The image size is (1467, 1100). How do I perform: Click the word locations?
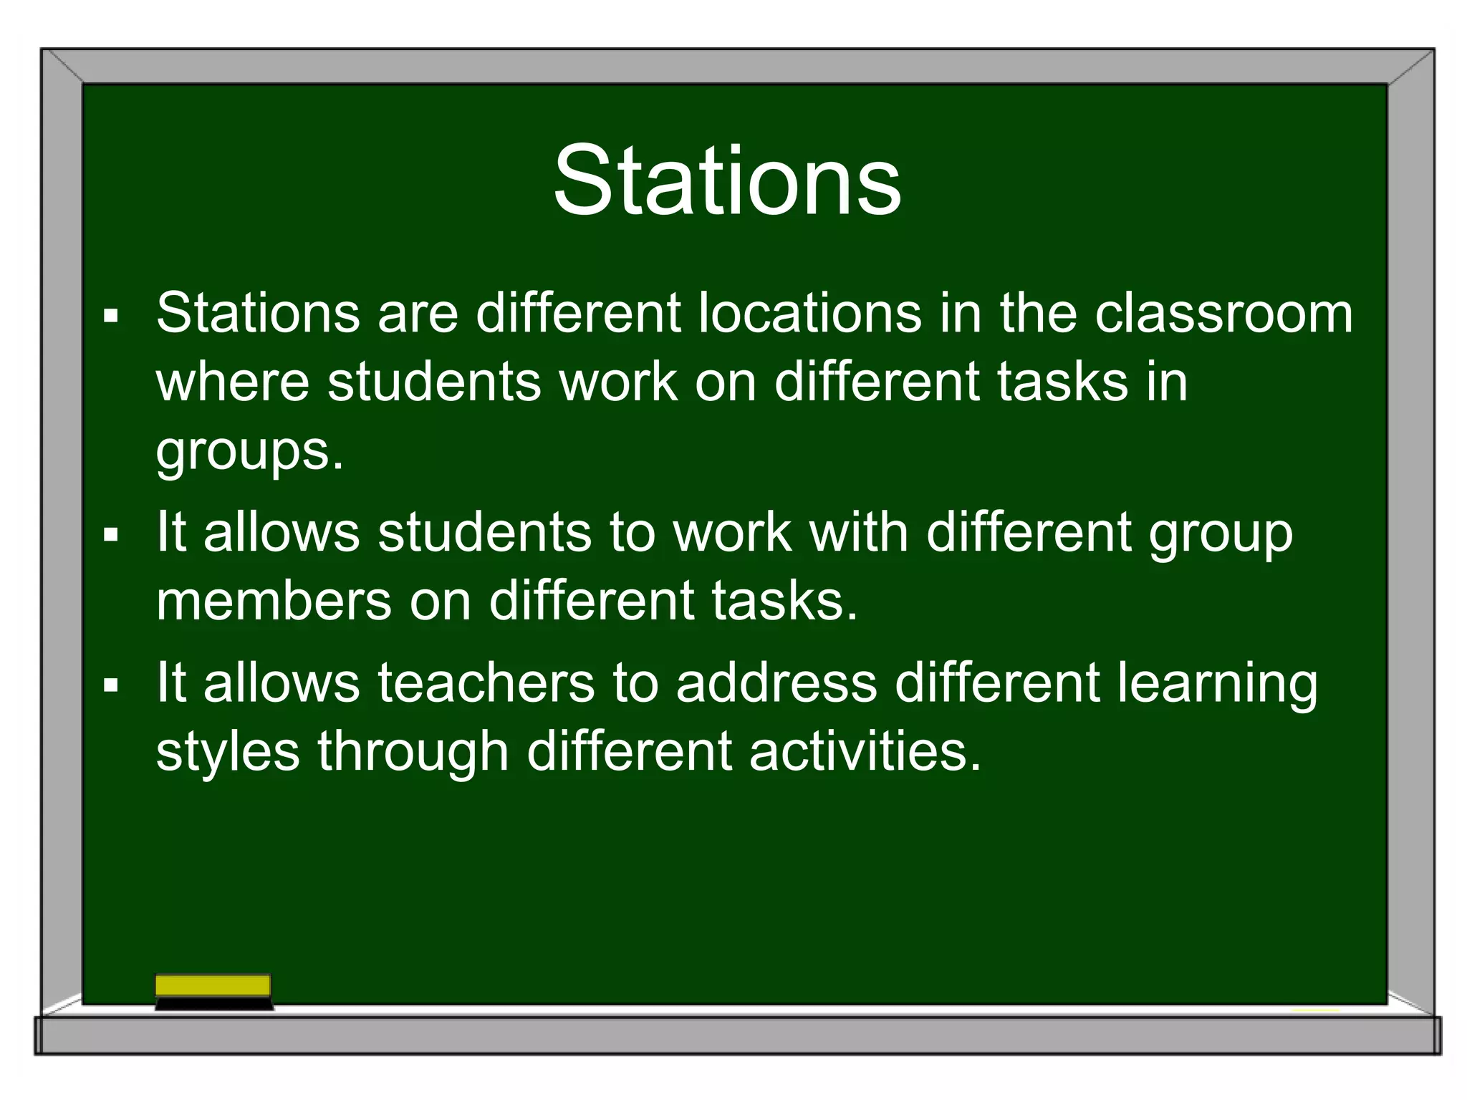(x=809, y=313)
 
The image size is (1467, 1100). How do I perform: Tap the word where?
(x=232, y=381)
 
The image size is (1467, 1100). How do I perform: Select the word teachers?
(x=486, y=682)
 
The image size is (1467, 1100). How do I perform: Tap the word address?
(x=776, y=682)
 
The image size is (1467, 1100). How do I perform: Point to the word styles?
(x=228, y=751)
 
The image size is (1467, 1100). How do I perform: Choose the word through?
(x=413, y=753)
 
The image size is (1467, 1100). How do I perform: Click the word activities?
(x=865, y=751)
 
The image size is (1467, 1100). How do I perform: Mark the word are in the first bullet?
(x=418, y=314)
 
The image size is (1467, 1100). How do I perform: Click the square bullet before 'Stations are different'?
(x=110, y=316)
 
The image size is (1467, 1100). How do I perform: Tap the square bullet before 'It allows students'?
(x=110, y=534)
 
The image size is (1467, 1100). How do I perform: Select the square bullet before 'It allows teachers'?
(x=110, y=685)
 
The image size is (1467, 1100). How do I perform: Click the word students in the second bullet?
(x=484, y=532)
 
